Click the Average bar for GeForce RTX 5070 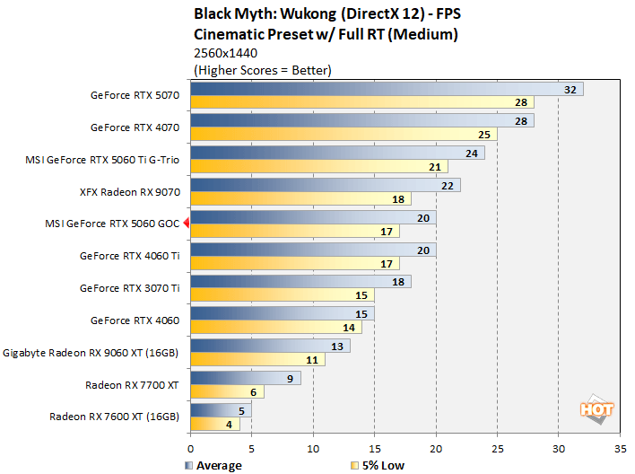pyautogui.click(x=386, y=89)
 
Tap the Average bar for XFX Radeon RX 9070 pyautogui.click(x=325, y=185)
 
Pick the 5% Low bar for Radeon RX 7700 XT pyautogui.click(x=214, y=391)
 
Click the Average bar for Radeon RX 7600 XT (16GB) pyautogui.click(x=221, y=410)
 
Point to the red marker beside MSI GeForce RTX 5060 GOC pyautogui.click(x=185, y=224)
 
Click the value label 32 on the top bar pyautogui.click(x=570, y=89)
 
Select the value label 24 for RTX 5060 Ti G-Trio pyautogui.click(x=472, y=153)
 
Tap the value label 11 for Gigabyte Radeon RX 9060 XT pyautogui.click(x=336, y=359)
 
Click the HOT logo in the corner pyautogui.click(x=597, y=408)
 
